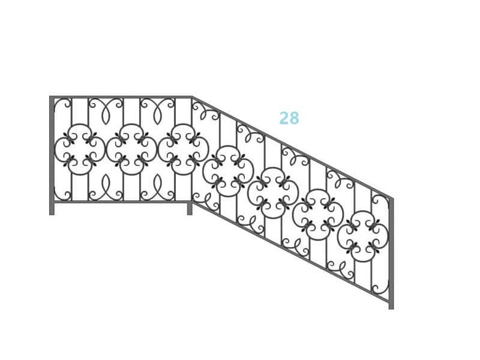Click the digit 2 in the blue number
[x=284, y=118]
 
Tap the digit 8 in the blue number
[x=294, y=118]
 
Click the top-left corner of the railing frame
[x=50, y=97]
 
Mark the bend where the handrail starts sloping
[x=192, y=97]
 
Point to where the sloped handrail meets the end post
[x=391, y=199]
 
